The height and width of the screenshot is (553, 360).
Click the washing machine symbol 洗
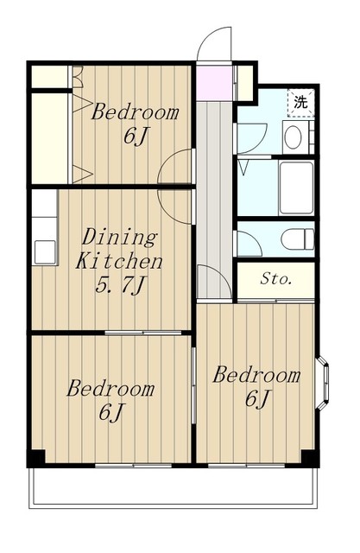300,102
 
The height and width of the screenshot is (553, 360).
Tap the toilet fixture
297,239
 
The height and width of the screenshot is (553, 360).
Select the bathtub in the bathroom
296,188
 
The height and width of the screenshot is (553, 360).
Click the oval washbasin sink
293,137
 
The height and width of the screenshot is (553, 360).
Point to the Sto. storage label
275,279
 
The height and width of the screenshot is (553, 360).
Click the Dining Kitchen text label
119,249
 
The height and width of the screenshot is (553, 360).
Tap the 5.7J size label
120,285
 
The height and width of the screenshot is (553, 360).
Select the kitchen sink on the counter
45,251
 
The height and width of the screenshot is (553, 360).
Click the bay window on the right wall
323,384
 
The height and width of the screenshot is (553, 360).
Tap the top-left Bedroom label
135,112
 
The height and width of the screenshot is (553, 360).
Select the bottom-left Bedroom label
111,389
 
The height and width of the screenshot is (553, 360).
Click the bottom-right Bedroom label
256,374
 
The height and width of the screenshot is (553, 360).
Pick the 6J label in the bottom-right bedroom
257,398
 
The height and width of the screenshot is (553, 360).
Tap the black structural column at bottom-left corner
36,459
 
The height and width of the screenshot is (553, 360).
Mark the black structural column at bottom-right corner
310,459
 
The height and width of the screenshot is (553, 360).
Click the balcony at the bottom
174,487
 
